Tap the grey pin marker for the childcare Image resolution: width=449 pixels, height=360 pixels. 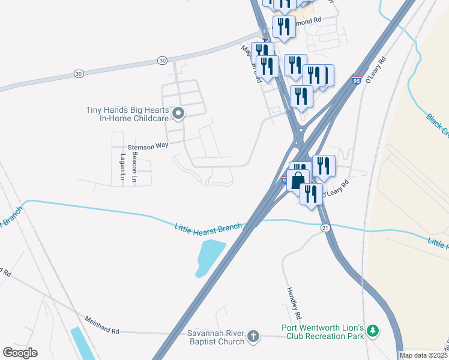point(178,113)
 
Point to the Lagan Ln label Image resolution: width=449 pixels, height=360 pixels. point(123,166)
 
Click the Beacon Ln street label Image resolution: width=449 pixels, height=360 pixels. point(135,166)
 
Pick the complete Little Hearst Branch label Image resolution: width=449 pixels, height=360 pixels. point(208,227)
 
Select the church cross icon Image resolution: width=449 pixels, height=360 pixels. point(253,336)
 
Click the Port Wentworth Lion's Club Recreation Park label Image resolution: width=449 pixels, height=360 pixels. point(323,332)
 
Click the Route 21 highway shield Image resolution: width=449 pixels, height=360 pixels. point(325,228)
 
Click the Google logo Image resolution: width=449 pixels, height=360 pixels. point(20,352)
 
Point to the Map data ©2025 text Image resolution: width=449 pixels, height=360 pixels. point(424,355)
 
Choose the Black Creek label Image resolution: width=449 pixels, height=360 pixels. point(437,122)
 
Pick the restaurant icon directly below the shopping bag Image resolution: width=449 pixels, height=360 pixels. point(311,194)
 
